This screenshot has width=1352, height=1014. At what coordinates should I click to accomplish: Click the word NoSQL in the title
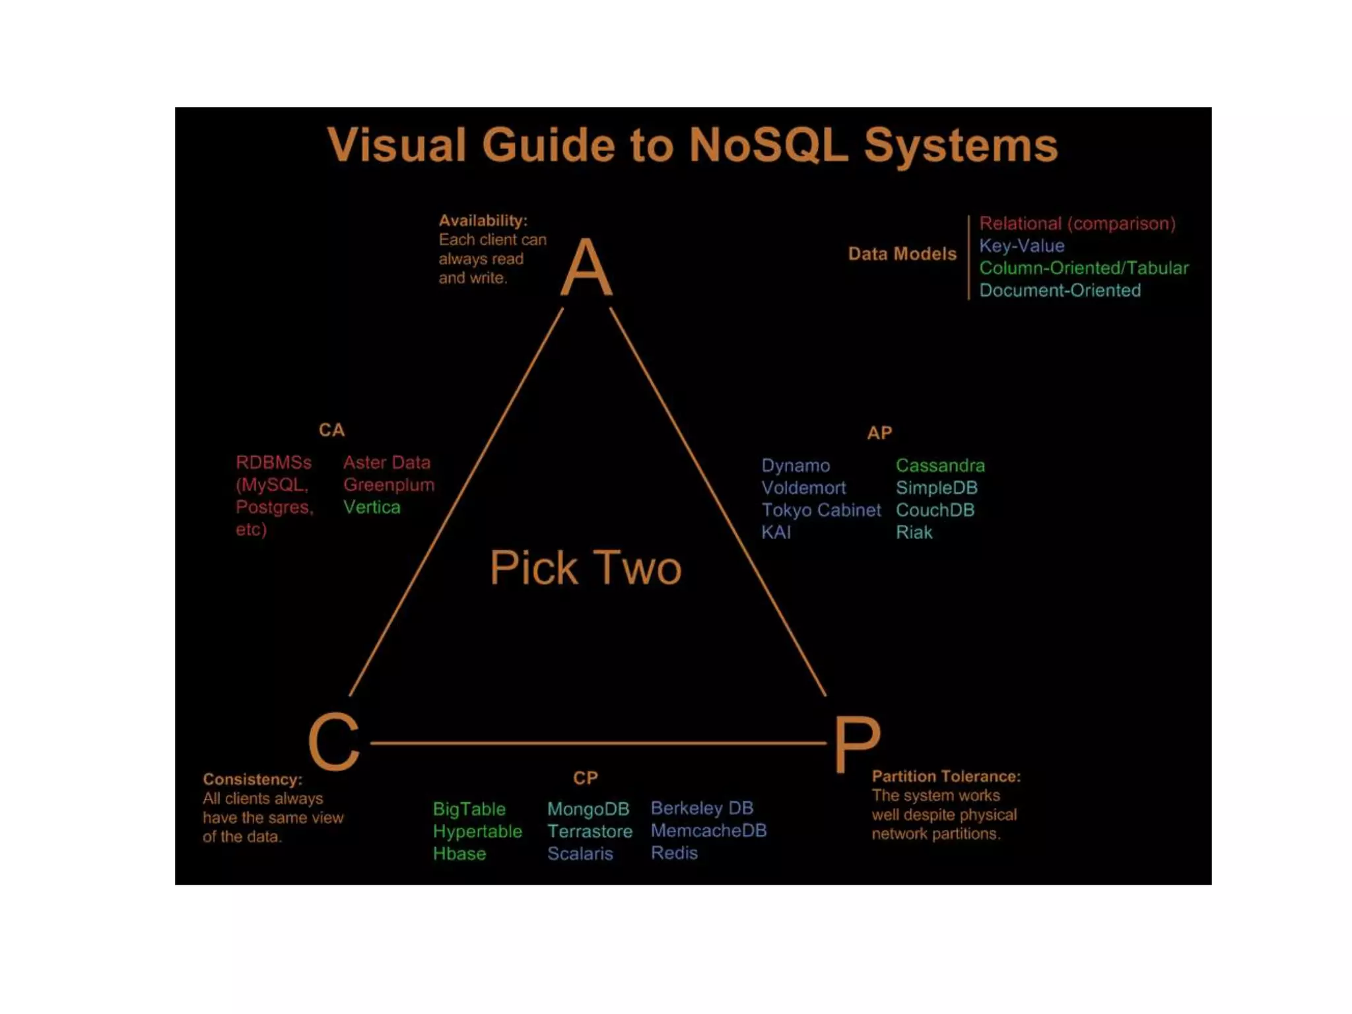pyautogui.click(x=768, y=145)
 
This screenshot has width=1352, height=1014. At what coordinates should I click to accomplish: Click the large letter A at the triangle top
pyautogui.click(x=586, y=268)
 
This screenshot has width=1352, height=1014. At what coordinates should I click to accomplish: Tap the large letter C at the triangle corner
pyautogui.click(x=334, y=742)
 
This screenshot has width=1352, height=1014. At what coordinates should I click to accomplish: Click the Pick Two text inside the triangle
pyautogui.click(x=586, y=568)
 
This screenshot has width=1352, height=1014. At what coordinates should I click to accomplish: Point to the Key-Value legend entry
pyautogui.click(x=1021, y=246)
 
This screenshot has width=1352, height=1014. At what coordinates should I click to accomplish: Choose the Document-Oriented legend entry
pyautogui.click(x=1060, y=290)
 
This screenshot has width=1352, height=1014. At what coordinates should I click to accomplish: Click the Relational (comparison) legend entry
pyautogui.click(x=1077, y=223)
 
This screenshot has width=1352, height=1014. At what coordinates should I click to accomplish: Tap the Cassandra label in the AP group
pyautogui.click(x=940, y=465)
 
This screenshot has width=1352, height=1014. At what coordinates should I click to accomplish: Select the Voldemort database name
pyautogui.click(x=803, y=488)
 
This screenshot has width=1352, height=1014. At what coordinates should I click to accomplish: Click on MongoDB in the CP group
pyautogui.click(x=588, y=809)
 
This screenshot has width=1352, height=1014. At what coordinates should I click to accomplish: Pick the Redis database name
pyautogui.click(x=674, y=853)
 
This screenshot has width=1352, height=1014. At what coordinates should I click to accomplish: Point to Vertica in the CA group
pyautogui.click(x=372, y=507)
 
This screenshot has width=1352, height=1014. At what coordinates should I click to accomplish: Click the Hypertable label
pyautogui.click(x=477, y=831)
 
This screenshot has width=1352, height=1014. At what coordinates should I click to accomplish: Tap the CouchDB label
pyautogui.click(x=935, y=510)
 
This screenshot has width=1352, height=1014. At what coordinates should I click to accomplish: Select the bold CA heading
pyautogui.click(x=331, y=430)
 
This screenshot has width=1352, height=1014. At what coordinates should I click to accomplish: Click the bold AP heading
pyautogui.click(x=879, y=433)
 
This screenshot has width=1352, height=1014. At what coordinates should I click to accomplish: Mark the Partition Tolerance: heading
pyautogui.click(x=946, y=776)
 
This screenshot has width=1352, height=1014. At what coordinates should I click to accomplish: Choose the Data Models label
pyautogui.click(x=902, y=254)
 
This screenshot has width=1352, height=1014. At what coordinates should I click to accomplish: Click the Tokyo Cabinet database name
pyautogui.click(x=821, y=510)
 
